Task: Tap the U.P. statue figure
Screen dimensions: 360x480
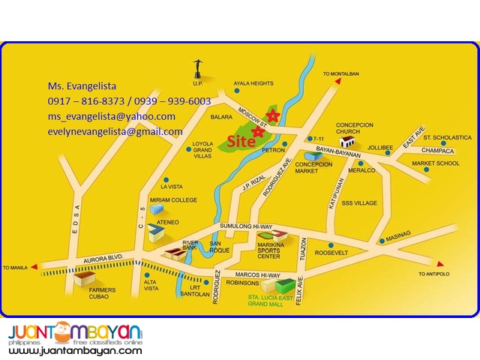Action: click(x=198, y=66)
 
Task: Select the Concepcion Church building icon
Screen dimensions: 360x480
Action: click(x=346, y=140)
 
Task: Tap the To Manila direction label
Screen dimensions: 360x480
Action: click(x=16, y=268)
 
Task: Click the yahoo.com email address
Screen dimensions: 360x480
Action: click(x=112, y=116)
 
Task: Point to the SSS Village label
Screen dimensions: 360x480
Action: click(x=359, y=203)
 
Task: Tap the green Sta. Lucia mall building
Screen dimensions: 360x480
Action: click(x=287, y=285)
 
